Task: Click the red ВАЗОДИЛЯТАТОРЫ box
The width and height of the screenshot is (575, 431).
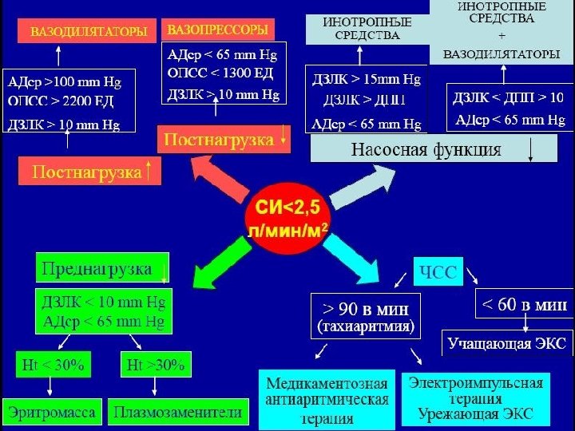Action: (88, 33)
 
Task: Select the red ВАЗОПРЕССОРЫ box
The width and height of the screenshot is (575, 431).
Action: (216, 30)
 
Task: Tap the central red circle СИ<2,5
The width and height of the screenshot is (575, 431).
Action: (287, 217)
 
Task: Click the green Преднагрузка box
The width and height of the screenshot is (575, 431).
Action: (102, 269)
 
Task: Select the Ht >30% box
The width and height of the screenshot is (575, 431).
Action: (155, 366)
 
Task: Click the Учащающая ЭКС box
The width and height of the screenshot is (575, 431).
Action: (507, 344)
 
